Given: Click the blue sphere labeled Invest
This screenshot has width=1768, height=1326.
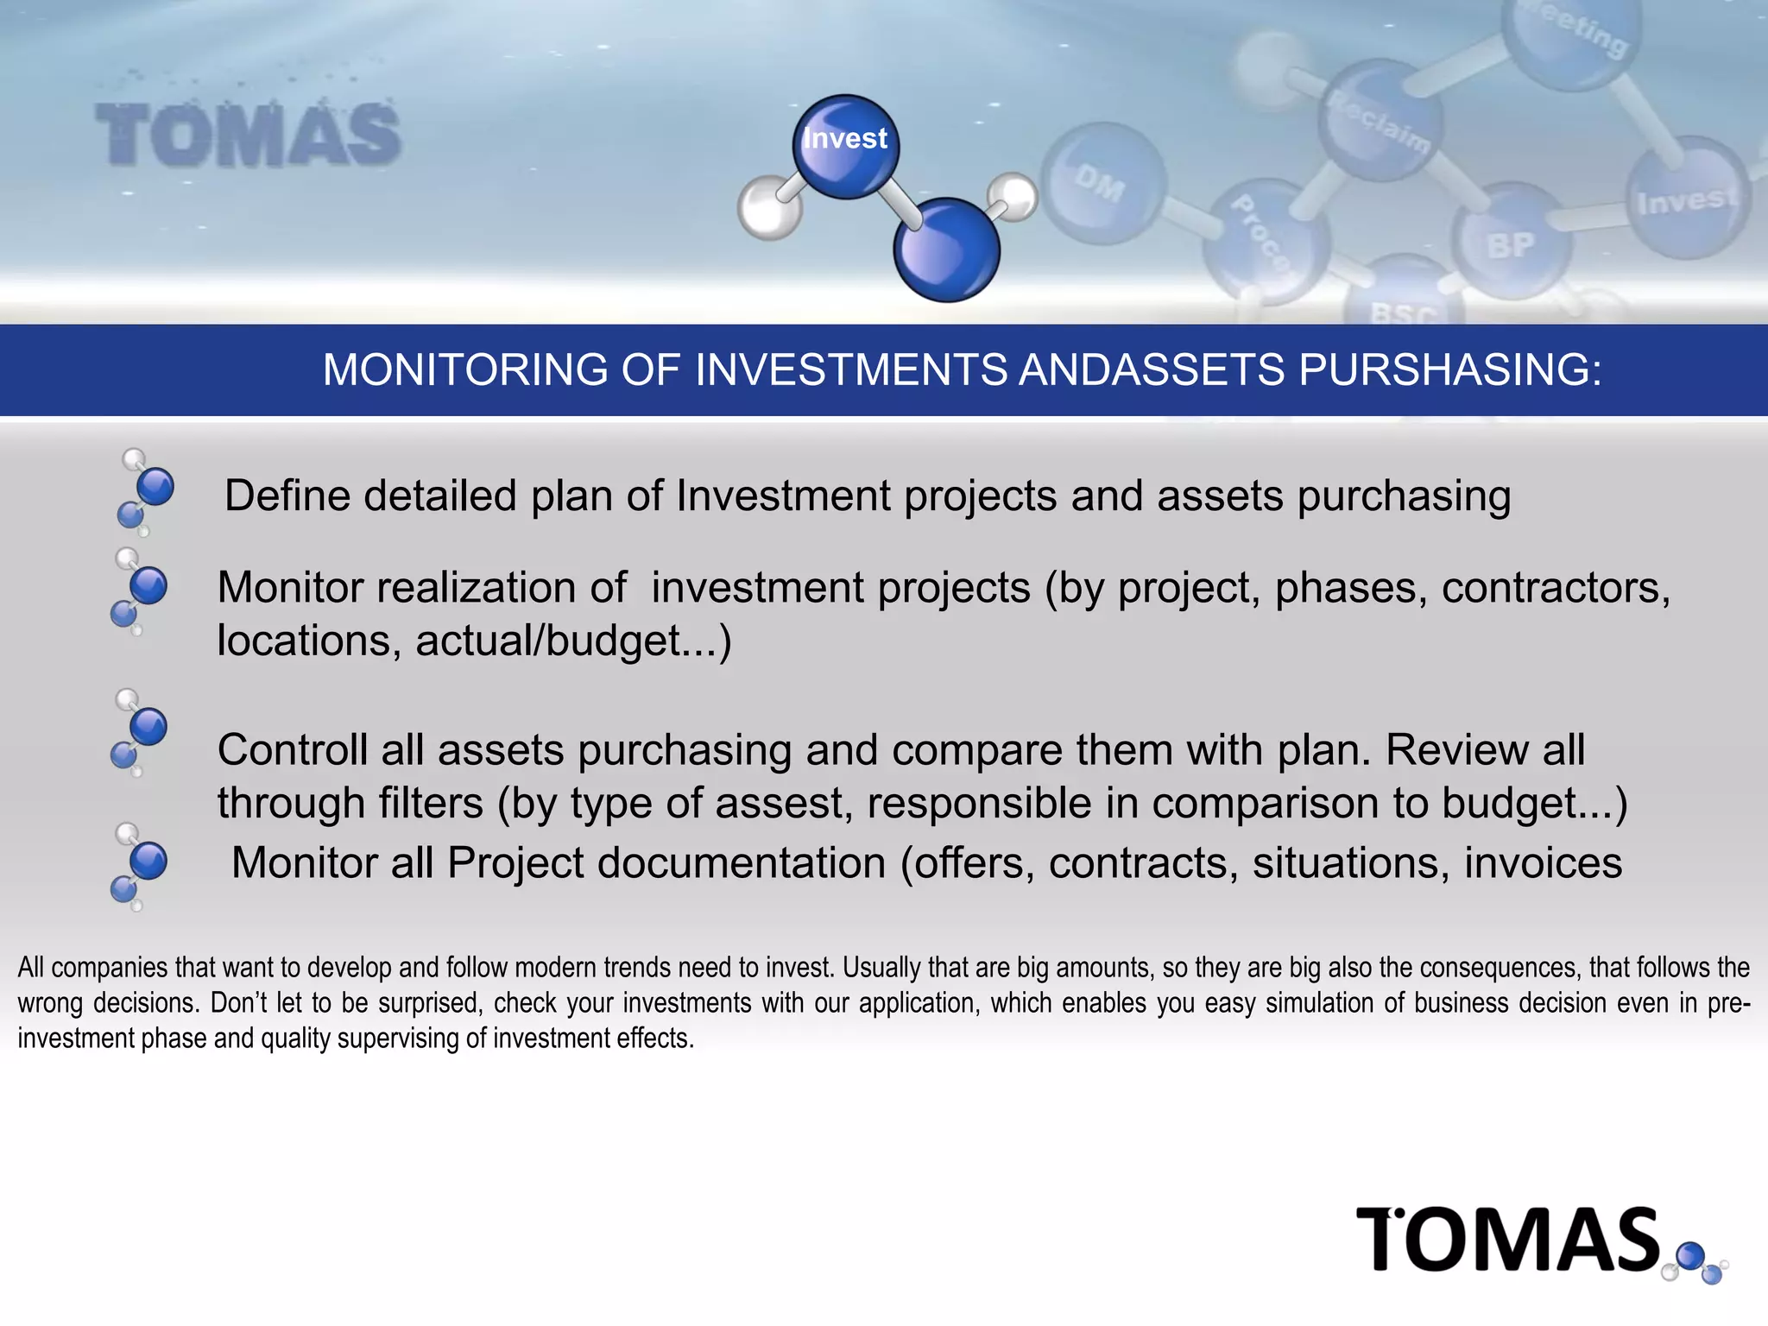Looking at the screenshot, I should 845,145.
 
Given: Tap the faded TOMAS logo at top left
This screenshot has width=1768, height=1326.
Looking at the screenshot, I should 248,134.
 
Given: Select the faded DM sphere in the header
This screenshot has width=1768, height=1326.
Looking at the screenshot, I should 1102,183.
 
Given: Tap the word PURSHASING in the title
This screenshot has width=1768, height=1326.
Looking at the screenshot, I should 1449,369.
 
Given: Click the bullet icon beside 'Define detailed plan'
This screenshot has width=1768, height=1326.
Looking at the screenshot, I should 144,492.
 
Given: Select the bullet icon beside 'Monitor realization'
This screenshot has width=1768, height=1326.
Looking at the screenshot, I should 138,591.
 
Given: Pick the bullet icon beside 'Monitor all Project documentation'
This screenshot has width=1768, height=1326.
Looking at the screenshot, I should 138,866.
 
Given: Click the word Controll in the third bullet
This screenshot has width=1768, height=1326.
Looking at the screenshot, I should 292,749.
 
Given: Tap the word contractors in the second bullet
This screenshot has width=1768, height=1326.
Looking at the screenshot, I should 1556,588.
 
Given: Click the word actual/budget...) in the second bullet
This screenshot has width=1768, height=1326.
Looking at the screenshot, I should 573,641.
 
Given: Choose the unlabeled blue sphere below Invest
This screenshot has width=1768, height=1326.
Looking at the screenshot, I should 947,249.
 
